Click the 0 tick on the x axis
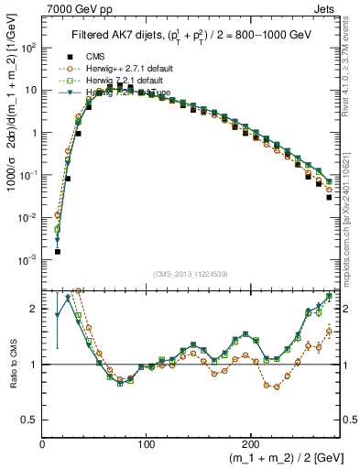pyautogui.click(x=42, y=443)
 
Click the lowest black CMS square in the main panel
pyautogui.click(x=57, y=251)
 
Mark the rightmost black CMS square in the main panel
pyautogui.click(x=329, y=197)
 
